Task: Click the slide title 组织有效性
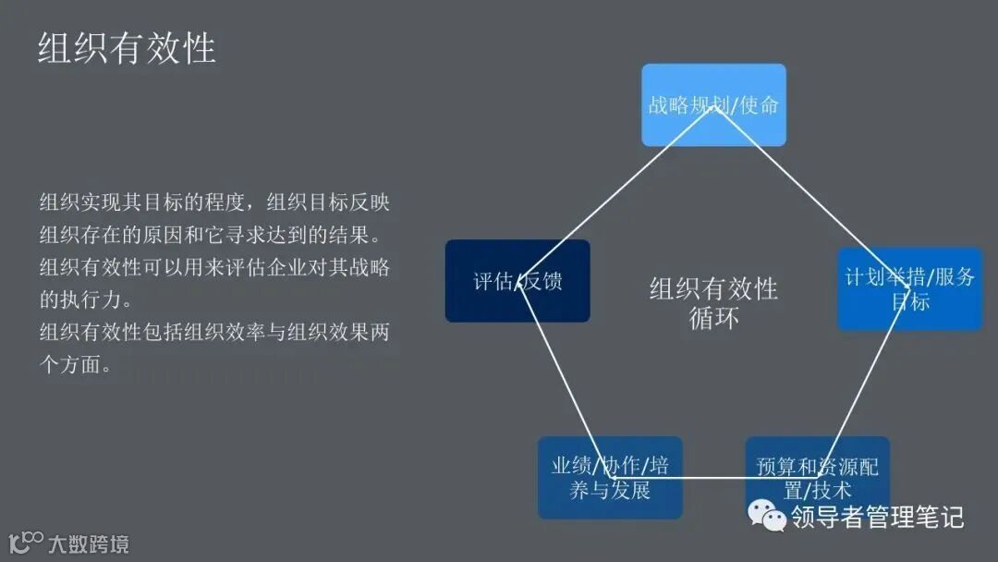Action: click(127, 48)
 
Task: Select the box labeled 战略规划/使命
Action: click(713, 104)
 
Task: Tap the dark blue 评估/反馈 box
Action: click(517, 281)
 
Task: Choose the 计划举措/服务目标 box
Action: click(909, 288)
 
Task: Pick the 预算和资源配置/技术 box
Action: click(817, 477)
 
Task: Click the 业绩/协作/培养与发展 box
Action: click(610, 477)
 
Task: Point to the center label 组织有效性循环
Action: click(713, 303)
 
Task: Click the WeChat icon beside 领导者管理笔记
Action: click(767, 516)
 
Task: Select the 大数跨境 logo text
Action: click(89, 544)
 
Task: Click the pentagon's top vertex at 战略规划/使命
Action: click(714, 107)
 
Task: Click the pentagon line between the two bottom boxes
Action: click(713, 478)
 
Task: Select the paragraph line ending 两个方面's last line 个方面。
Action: click(76, 364)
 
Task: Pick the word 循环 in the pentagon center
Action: click(713, 318)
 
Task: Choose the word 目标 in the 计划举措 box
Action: click(910, 302)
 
